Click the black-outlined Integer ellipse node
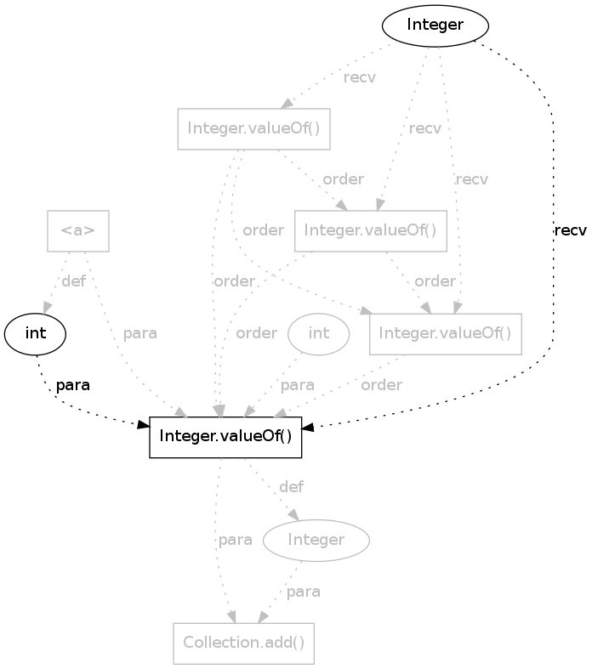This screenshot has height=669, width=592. tap(435, 26)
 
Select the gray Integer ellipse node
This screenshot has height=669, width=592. tap(316, 540)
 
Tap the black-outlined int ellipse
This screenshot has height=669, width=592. tap(35, 334)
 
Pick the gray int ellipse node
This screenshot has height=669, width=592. tap(318, 334)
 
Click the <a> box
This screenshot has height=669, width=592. tap(78, 231)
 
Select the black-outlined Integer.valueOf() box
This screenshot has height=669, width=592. tap(225, 437)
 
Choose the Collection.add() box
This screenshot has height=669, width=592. tap(244, 643)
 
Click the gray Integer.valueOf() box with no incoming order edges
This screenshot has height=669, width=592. tap(254, 129)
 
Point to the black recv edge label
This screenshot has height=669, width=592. tap(570, 230)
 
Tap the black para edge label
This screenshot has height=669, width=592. tap(73, 385)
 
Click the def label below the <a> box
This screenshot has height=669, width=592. tap(73, 281)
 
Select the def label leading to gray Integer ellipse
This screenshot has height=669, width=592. tap(291, 487)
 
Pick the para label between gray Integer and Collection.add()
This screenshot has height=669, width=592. tap(303, 592)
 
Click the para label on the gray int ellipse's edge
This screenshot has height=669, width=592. tap(297, 385)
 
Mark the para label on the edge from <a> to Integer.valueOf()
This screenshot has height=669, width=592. tap(140, 333)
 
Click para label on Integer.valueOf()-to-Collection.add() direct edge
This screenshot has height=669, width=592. tap(235, 540)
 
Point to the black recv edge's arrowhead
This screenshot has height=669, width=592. tap(308, 427)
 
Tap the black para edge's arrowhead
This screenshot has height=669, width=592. tap(144, 424)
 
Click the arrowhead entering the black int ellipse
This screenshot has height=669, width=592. tap(47, 309)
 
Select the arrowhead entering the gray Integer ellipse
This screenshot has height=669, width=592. tap(293, 514)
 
